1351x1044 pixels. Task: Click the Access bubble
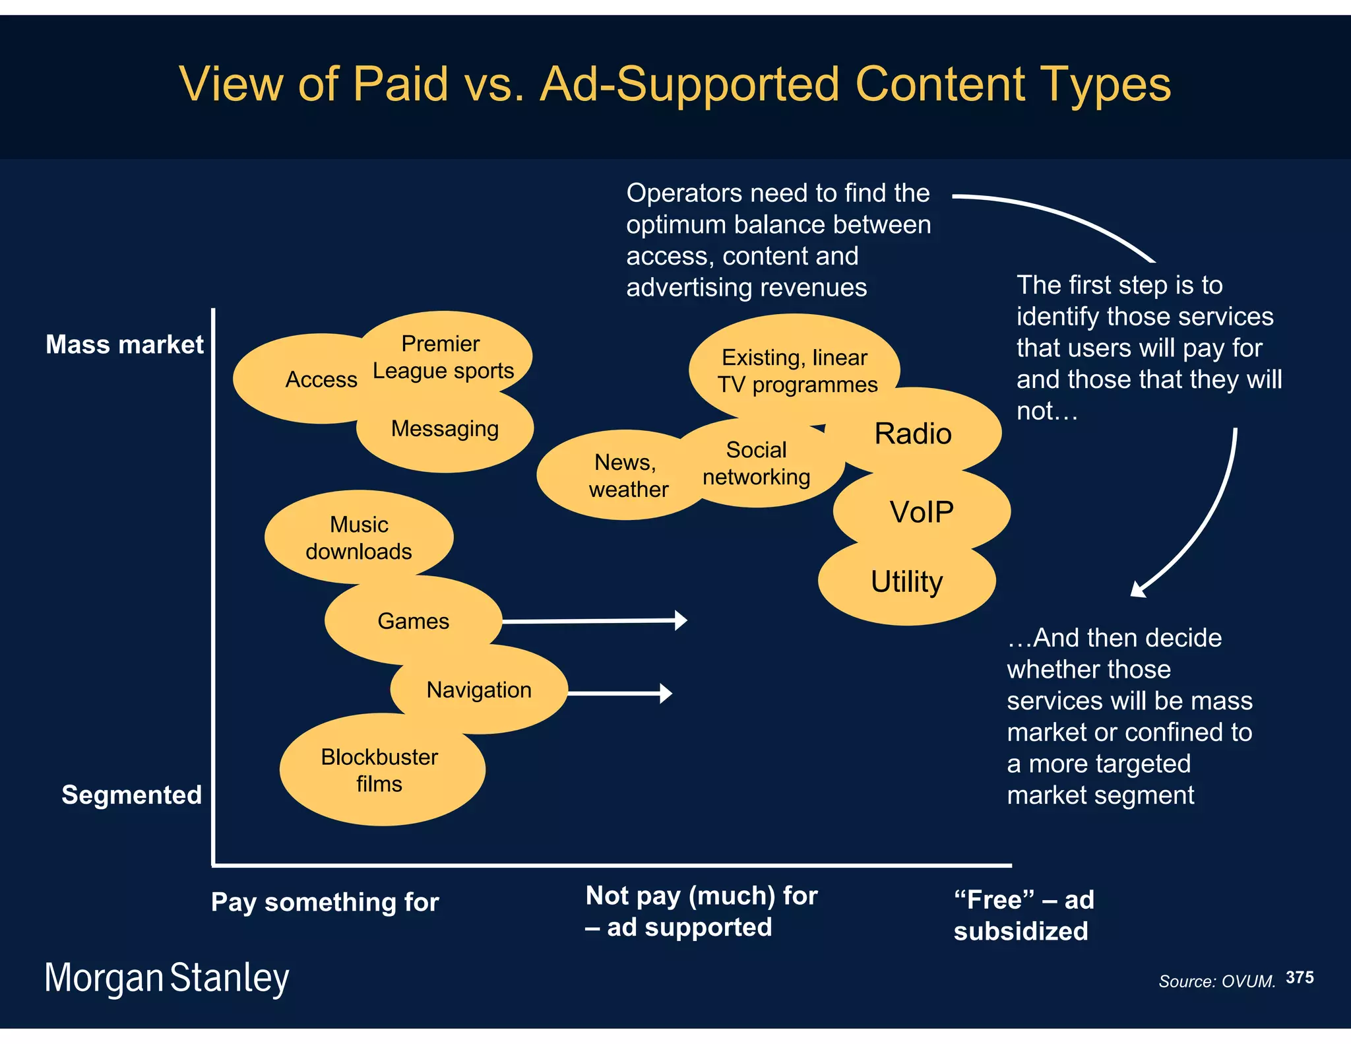point(310,379)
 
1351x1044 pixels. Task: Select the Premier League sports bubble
point(443,357)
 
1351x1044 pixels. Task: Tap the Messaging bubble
point(445,429)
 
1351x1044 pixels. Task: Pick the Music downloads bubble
point(359,537)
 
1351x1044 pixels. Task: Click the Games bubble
point(413,621)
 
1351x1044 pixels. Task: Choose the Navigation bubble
point(479,690)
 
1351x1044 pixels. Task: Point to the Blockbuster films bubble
point(379,770)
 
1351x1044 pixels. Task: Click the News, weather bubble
point(620,476)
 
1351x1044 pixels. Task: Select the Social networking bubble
point(757,463)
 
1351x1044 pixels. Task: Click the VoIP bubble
point(922,512)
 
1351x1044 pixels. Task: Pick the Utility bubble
point(907,582)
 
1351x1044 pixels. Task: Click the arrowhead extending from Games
point(681,620)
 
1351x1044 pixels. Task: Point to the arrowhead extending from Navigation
point(666,693)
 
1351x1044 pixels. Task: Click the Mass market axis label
point(125,344)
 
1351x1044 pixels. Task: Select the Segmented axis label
point(131,795)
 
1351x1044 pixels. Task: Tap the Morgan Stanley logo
point(167,978)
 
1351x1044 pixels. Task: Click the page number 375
point(1300,977)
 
